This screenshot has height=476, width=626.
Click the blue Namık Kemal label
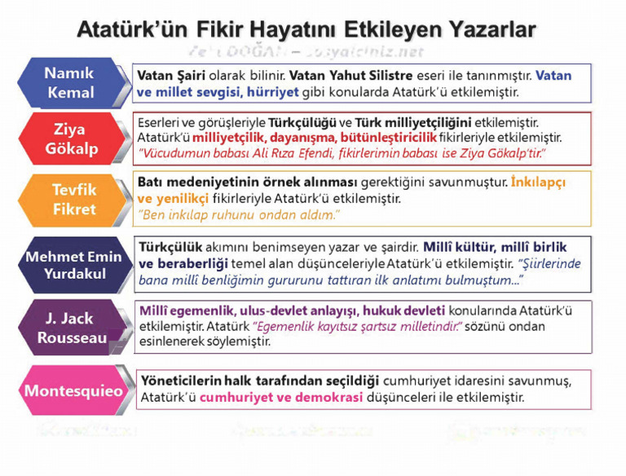tap(70, 82)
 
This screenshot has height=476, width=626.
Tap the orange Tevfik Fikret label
tap(74, 199)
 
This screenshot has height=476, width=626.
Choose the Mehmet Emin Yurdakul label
tap(73, 264)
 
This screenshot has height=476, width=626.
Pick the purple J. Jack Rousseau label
tap(69, 328)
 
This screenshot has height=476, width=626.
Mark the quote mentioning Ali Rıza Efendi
tap(342, 153)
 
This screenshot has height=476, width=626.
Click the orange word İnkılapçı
tap(538, 183)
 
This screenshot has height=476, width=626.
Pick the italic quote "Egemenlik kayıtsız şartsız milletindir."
tap(358, 326)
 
